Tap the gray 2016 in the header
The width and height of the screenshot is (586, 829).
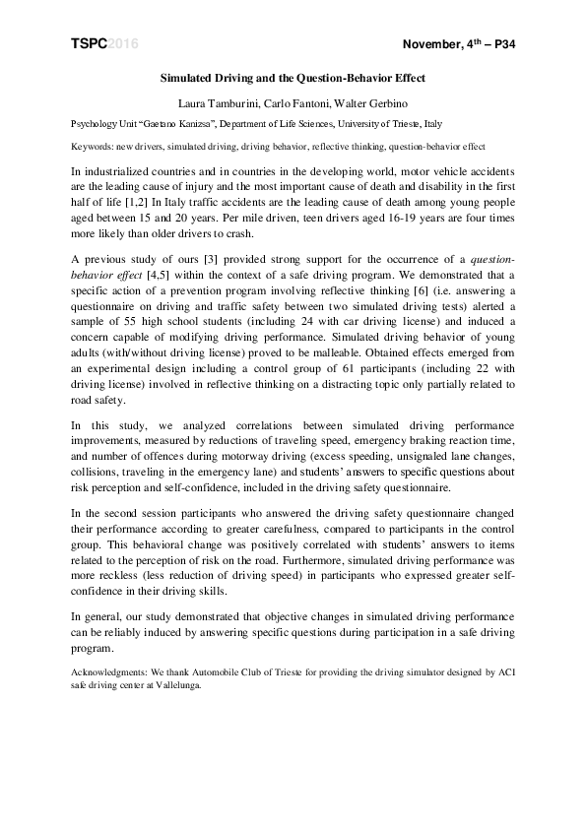[122, 45]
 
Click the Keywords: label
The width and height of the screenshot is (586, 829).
[93, 146]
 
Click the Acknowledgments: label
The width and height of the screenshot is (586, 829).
[109, 672]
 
